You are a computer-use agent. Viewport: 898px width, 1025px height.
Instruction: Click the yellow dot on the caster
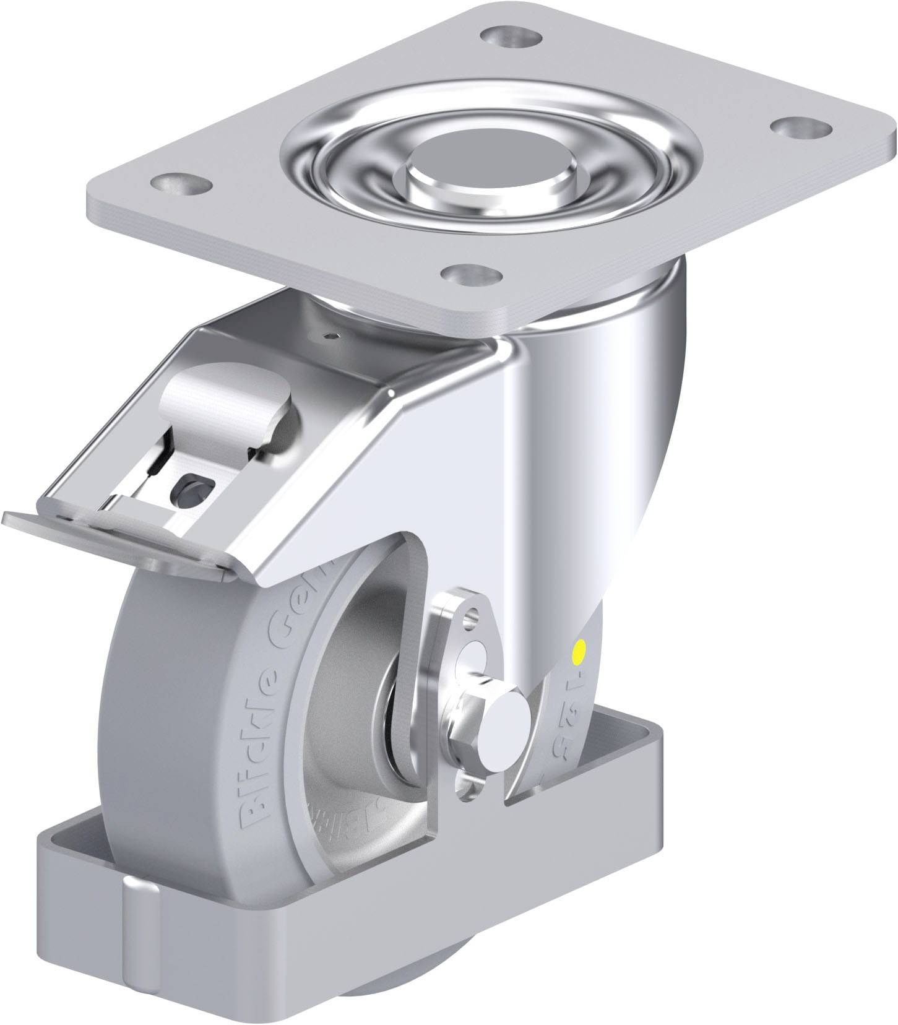click(580, 651)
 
